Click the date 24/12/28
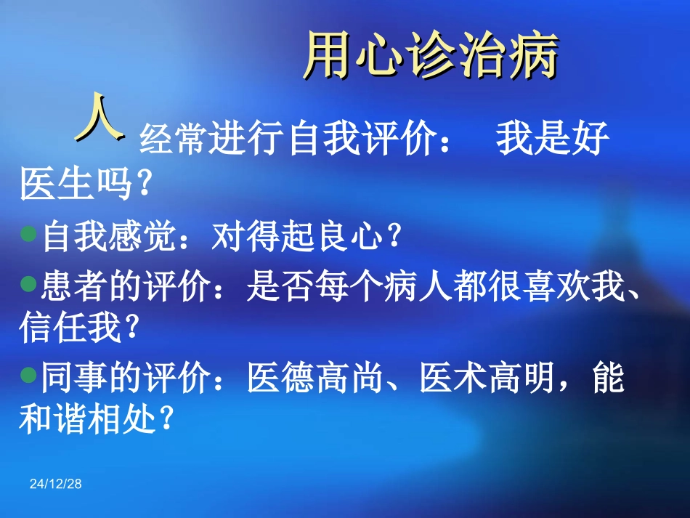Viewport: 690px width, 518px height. pyautogui.click(x=56, y=484)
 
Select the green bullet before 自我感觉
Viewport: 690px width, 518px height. pyautogui.click(x=29, y=234)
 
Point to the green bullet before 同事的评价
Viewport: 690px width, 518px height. pyautogui.click(x=29, y=376)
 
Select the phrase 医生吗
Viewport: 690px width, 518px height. pyautogui.click(x=76, y=185)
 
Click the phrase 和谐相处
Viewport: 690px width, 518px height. pyautogui.click(x=87, y=419)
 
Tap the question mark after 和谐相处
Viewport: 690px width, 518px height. pyautogui.click(x=167, y=419)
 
